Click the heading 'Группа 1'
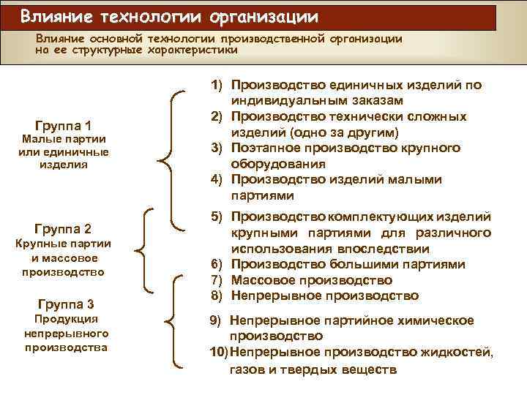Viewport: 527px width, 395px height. click(x=63, y=124)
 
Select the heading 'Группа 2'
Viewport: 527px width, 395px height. click(x=63, y=227)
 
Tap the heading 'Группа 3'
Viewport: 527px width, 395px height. click(x=63, y=304)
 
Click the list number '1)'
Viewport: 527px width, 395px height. click(x=217, y=85)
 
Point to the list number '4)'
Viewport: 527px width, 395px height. click(x=217, y=180)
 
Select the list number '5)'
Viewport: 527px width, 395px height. click(x=217, y=217)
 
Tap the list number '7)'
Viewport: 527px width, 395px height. click(x=217, y=280)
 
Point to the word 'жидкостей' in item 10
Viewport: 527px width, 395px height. click(x=458, y=353)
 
